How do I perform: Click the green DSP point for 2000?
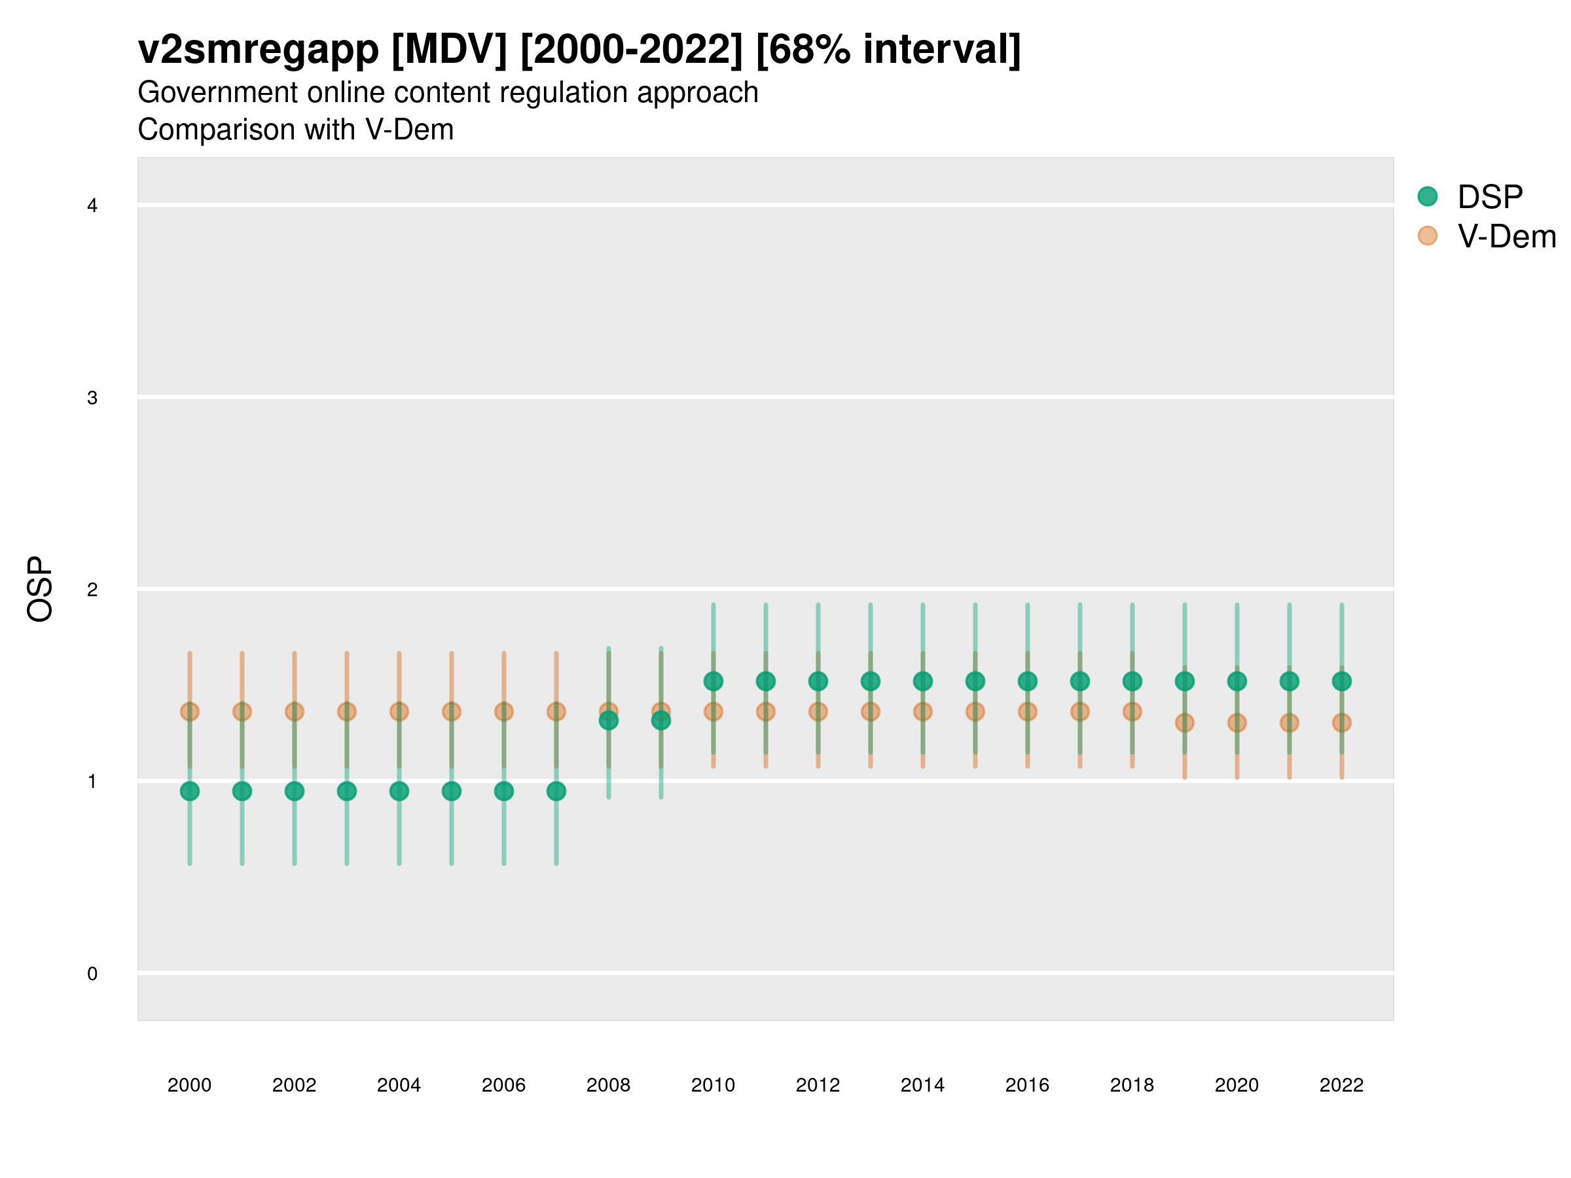click(190, 791)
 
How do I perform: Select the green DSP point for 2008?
click(609, 721)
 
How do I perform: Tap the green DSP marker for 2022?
click(1342, 682)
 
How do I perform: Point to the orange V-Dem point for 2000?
click(190, 711)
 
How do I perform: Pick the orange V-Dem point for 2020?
click(1237, 723)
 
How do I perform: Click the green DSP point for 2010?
click(713, 682)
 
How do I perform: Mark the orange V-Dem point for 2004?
click(399, 711)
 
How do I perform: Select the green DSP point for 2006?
click(504, 791)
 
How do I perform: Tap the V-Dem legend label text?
click(1506, 236)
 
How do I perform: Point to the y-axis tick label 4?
click(92, 206)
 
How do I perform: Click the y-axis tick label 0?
click(92, 974)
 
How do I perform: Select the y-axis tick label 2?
click(92, 590)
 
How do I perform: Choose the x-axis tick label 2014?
click(922, 1085)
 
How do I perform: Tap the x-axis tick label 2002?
click(294, 1085)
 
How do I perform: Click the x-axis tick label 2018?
click(1132, 1085)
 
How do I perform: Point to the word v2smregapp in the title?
click(259, 50)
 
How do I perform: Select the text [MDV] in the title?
click(450, 50)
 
